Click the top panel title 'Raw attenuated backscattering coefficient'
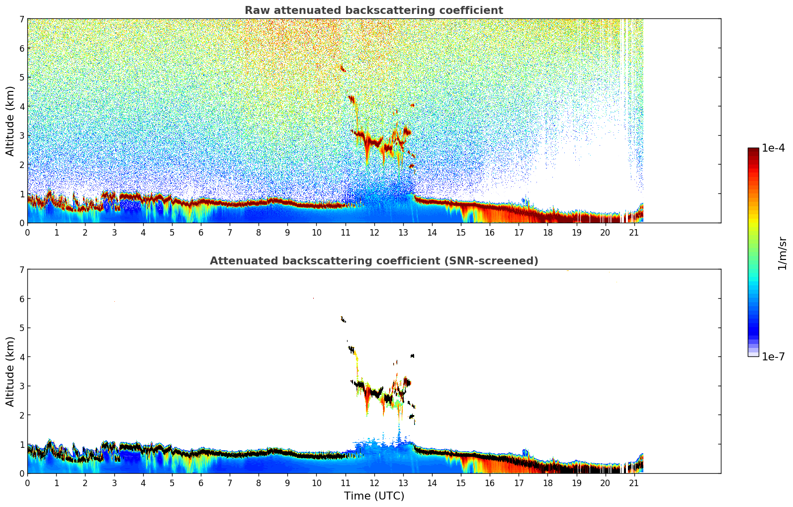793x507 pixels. tap(373, 10)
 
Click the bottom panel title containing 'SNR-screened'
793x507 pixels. tap(373, 261)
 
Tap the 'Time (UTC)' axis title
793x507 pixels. tap(374, 496)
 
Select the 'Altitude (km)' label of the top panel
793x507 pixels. tap(10, 121)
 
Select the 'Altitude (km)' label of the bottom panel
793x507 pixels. tap(10, 371)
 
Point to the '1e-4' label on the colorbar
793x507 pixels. tap(773, 148)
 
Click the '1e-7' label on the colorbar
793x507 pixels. tap(773, 356)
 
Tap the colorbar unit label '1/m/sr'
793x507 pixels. tap(782, 253)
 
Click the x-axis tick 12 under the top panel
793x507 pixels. tap(374, 232)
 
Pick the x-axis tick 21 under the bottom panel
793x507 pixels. tap(634, 483)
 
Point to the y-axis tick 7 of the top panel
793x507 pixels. tap(21, 19)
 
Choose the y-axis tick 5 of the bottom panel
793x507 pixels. tap(21, 328)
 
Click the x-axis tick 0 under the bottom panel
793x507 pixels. tap(27, 483)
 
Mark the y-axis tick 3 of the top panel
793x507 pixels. tap(21, 135)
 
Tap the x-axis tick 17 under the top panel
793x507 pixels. tap(519, 232)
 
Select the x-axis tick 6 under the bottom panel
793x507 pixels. tap(201, 483)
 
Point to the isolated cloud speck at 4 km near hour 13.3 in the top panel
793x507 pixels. tap(412, 105)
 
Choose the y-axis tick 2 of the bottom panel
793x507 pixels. tap(21, 415)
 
